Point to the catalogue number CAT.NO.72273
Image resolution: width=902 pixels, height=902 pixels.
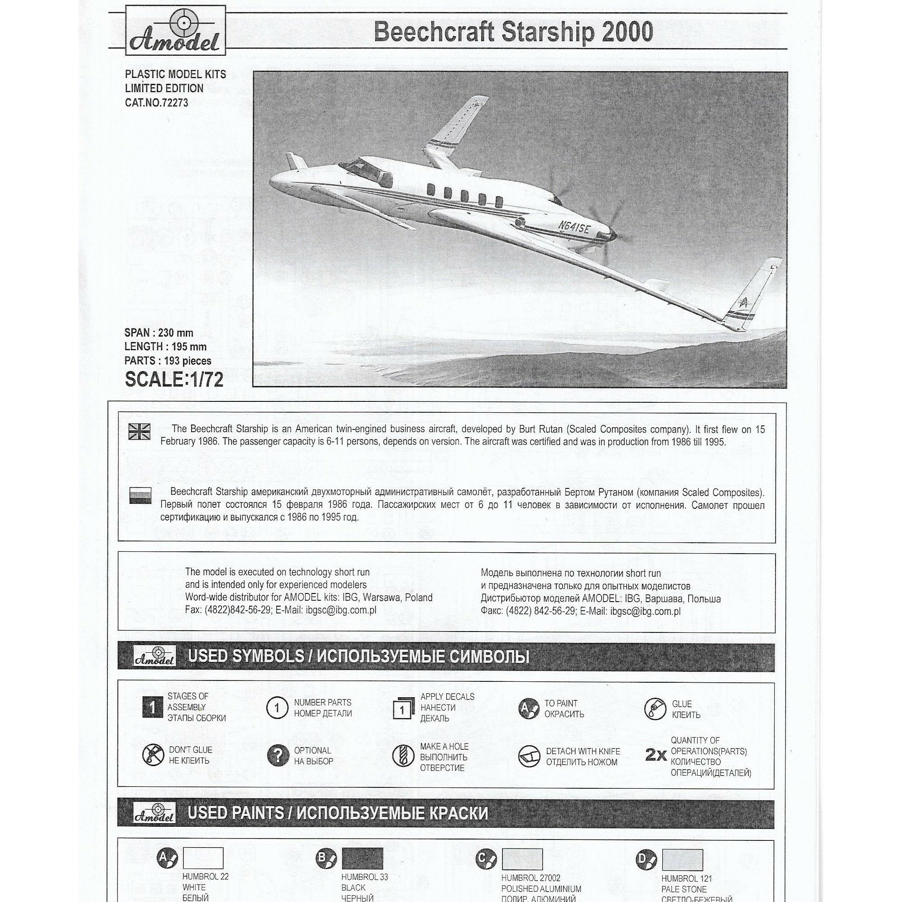tap(156, 103)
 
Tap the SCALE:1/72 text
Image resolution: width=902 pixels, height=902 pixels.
tap(174, 380)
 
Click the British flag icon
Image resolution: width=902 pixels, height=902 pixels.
tap(140, 431)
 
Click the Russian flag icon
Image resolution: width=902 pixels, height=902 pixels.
tap(140, 496)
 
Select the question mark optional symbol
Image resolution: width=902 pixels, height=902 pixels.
tap(278, 755)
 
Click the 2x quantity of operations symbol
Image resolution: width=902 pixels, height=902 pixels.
tap(656, 755)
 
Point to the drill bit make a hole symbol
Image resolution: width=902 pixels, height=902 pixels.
tap(400, 755)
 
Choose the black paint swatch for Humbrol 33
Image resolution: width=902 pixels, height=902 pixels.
tap(362, 859)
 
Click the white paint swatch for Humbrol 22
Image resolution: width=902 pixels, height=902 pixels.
tap(203, 858)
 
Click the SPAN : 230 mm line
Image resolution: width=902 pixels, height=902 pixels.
tap(159, 333)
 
